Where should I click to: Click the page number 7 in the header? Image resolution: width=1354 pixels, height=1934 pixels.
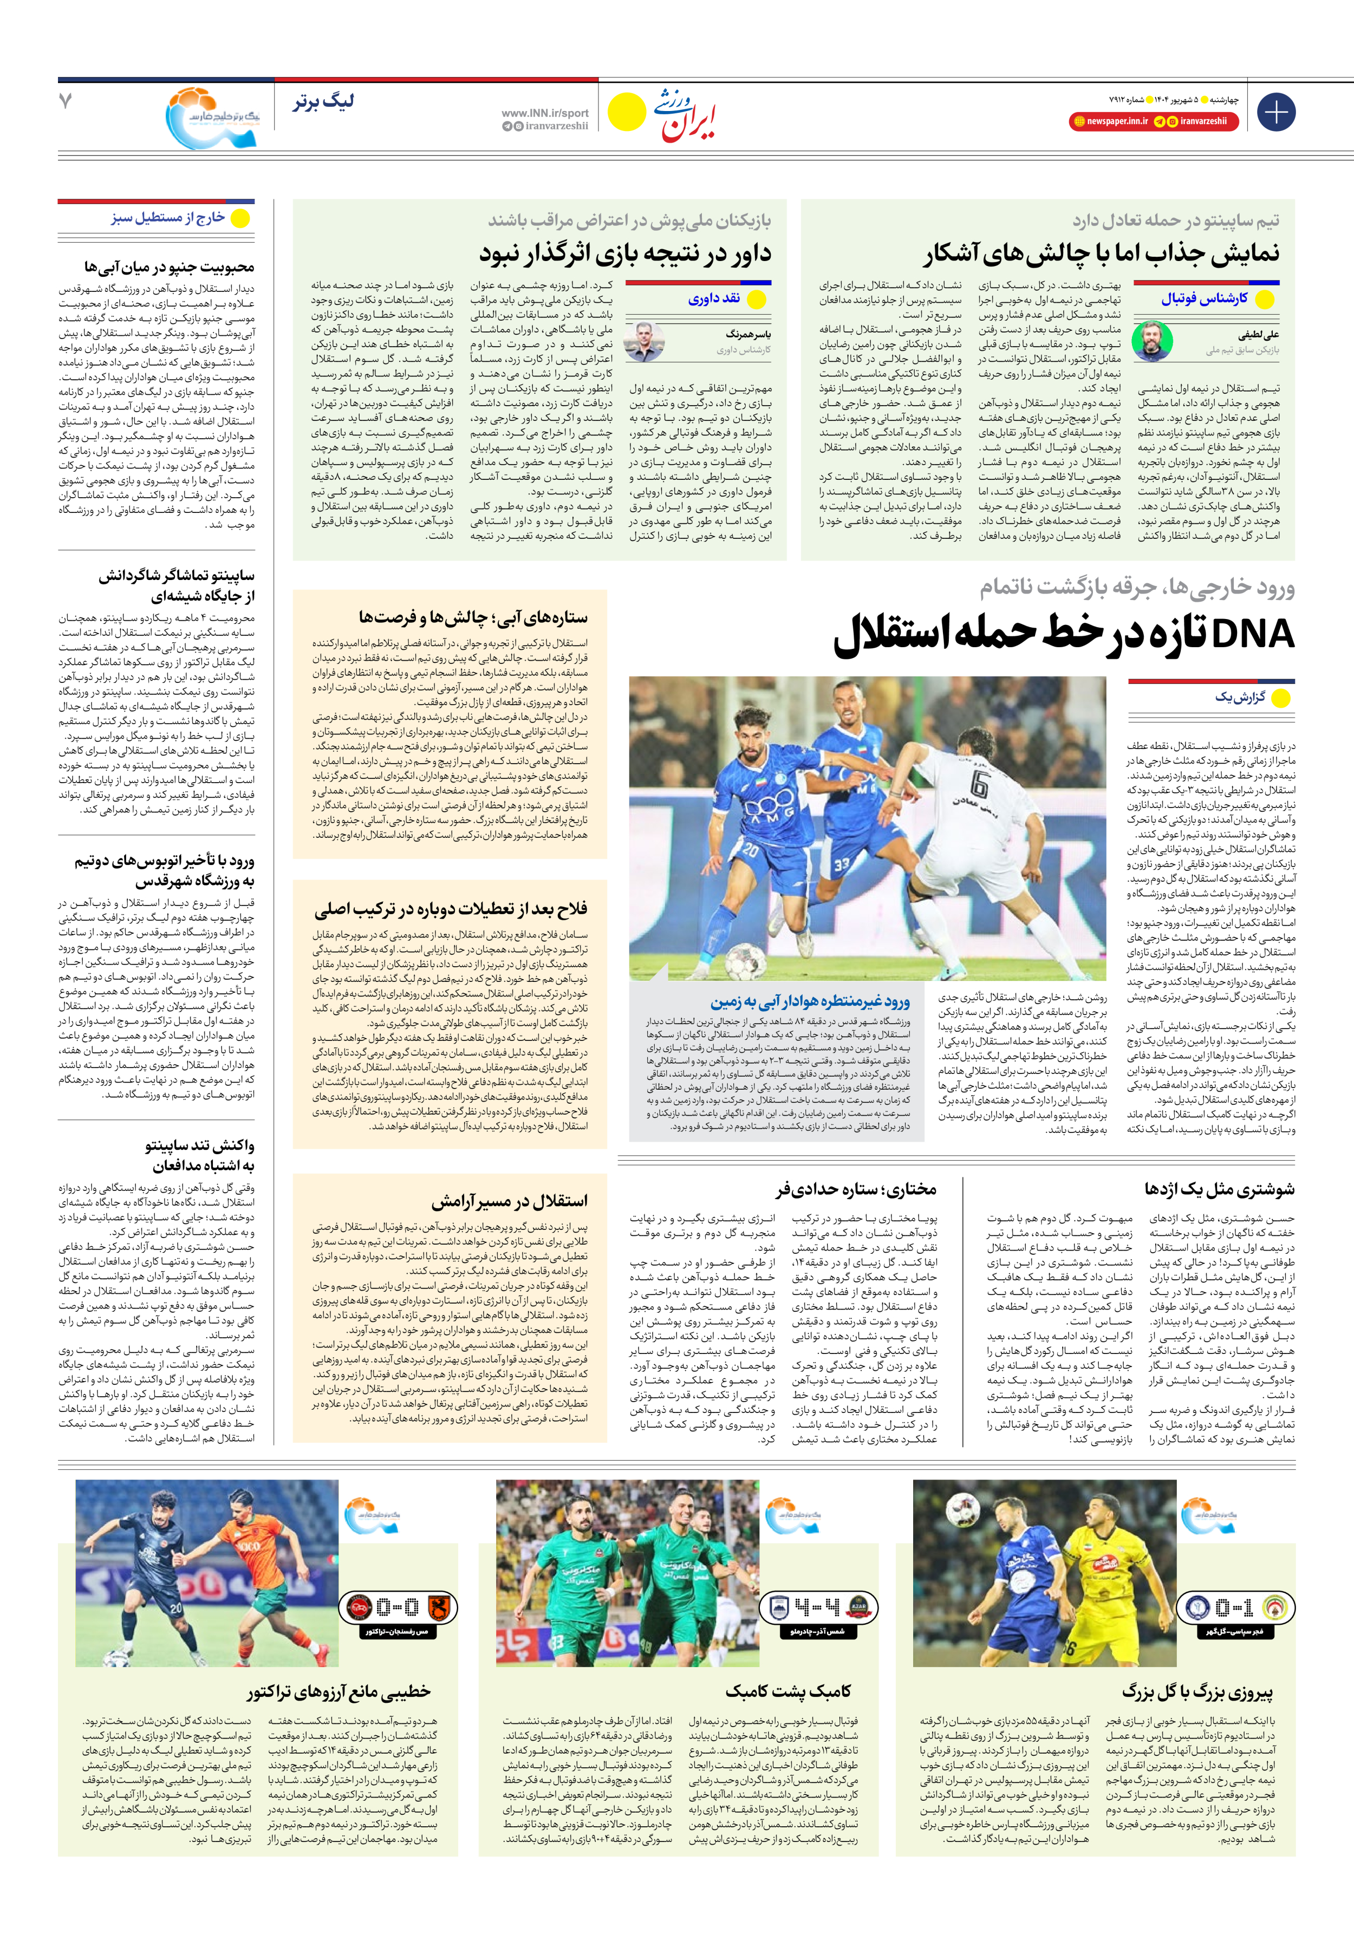click(x=66, y=102)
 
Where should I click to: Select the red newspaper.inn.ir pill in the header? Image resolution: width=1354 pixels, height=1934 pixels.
click(x=1110, y=121)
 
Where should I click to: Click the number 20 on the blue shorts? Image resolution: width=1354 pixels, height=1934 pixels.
click(x=749, y=851)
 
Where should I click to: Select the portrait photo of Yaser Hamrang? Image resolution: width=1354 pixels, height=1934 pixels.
click(x=645, y=340)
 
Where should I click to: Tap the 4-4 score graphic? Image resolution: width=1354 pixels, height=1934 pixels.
click(x=817, y=1607)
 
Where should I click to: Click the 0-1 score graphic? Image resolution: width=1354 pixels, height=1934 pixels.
click(x=1235, y=1607)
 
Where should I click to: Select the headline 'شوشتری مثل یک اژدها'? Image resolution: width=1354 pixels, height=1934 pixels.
click(x=1219, y=1189)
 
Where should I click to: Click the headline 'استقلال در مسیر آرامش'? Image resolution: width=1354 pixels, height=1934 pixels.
click(x=509, y=1200)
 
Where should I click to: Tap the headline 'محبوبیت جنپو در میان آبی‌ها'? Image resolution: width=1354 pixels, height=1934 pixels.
click(x=168, y=267)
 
